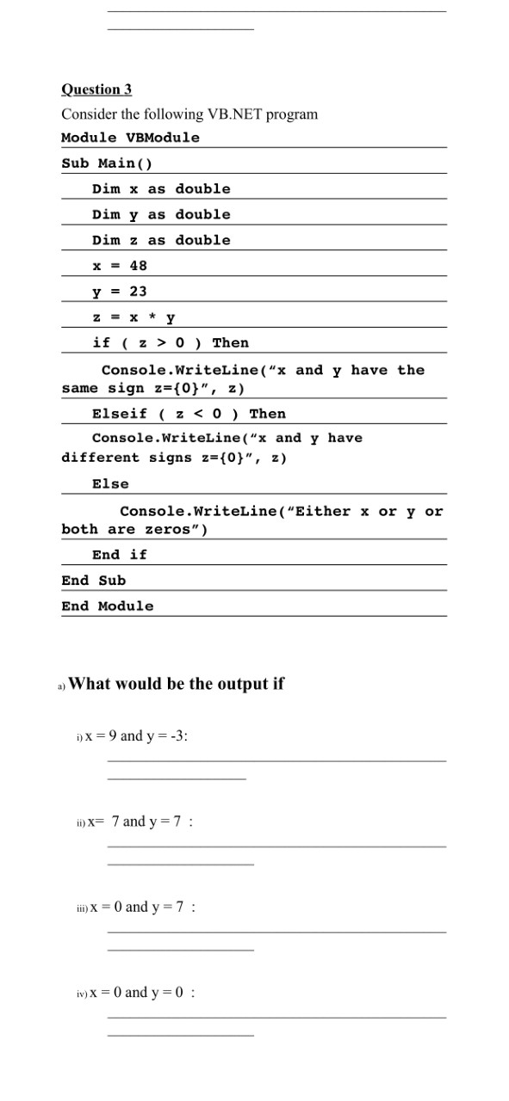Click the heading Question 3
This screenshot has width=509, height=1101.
click(96, 89)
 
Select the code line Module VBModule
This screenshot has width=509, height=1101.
click(130, 138)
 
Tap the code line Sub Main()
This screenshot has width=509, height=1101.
click(107, 163)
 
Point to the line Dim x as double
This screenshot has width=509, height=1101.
click(161, 188)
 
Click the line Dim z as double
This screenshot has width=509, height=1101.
click(161, 240)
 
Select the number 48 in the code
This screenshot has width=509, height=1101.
click(138, 266)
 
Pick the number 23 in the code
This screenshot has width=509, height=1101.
click(138, 292)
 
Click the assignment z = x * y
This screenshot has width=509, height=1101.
click(133, 317)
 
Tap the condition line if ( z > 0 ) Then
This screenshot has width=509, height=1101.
click(170, 342)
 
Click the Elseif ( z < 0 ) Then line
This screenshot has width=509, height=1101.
click(189, 414)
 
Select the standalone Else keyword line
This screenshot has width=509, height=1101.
click(110, 483)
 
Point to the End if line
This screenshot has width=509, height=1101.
click(120, 555)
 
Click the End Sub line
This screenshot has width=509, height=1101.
click(94, 581)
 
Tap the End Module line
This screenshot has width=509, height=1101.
click(108, 606)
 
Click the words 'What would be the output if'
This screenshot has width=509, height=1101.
click(176, 684)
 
